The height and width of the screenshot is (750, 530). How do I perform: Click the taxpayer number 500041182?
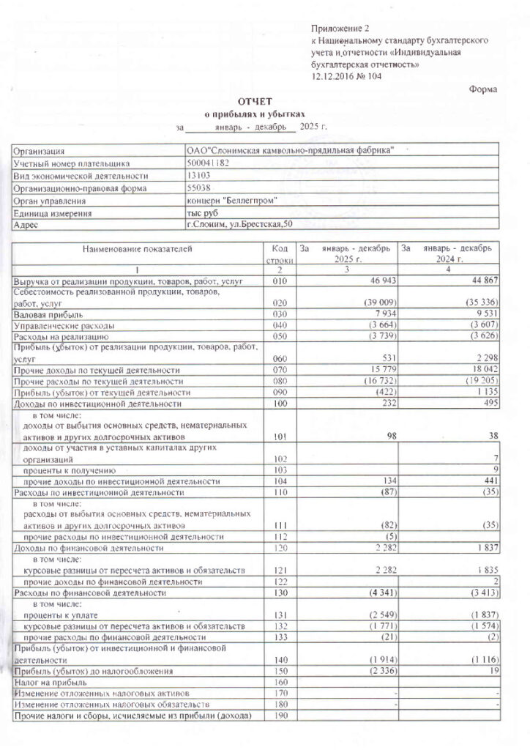point(208,163)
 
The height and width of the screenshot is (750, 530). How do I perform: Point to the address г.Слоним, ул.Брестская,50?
point(239,225)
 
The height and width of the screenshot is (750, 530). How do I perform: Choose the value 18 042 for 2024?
point(482,370)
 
